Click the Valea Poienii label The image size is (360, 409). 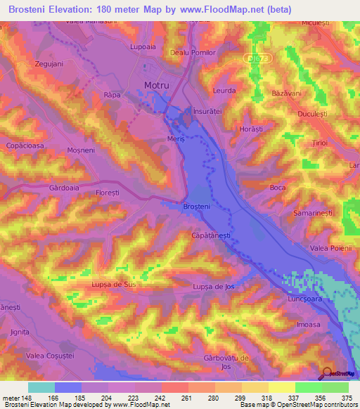click(x=329, y=248)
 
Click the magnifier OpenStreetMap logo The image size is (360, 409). click(x=328, y=373)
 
